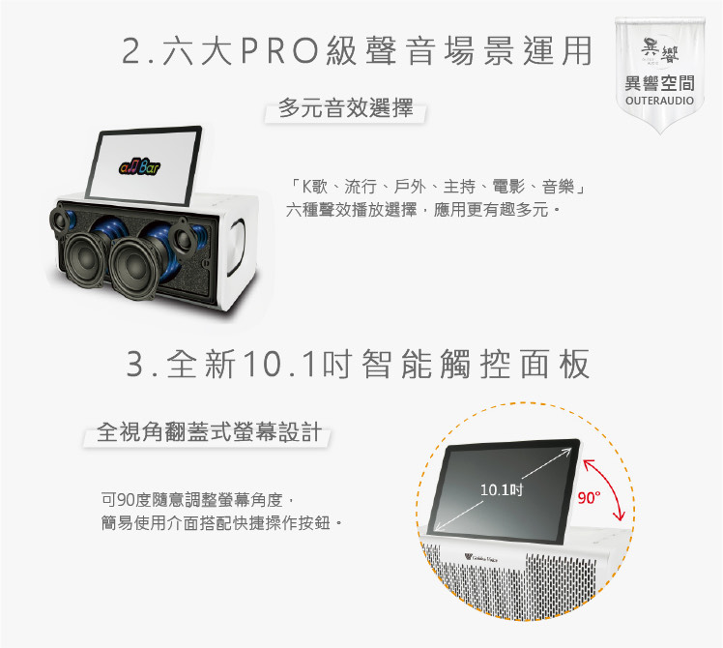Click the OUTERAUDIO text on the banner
coord(659,101)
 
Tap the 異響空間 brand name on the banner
coord(659,83)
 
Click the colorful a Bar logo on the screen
coord(140,166)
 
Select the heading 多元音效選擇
coord(345,108)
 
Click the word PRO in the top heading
coord(279,50)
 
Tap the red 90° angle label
coord(590,498)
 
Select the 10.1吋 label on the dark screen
coord(502,489)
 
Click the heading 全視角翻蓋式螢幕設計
coord(209,432)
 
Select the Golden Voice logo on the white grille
coord(481,558)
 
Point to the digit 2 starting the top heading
coord(131,50)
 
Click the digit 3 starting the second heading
coord(135,365)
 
